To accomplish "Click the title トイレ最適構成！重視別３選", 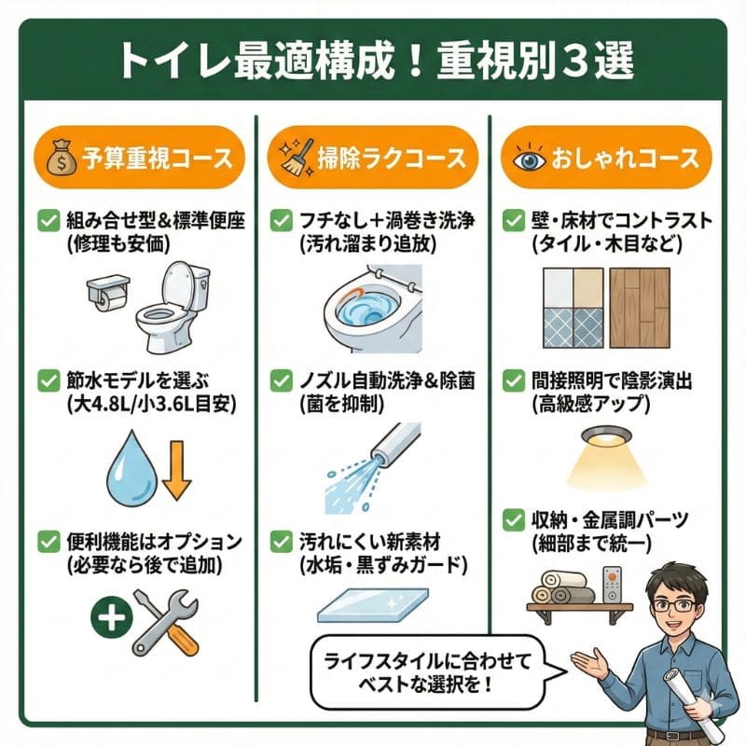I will pos(373,61).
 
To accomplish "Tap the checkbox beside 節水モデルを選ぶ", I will pos(47,380).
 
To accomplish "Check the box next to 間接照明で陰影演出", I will pos(512,380).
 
